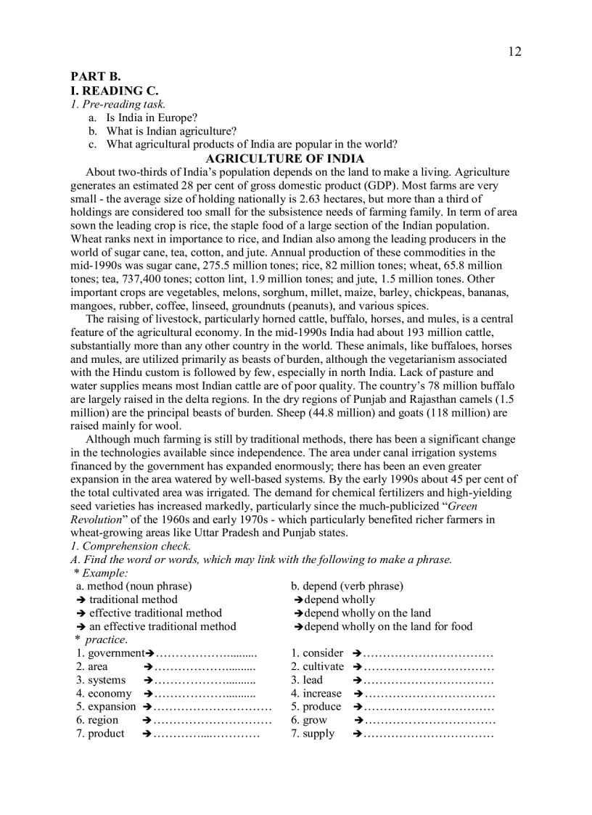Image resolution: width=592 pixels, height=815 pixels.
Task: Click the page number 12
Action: coord(514,52)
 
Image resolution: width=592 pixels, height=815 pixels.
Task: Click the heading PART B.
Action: coord(95,76)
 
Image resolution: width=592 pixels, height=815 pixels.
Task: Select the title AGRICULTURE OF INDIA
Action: coord(285,158)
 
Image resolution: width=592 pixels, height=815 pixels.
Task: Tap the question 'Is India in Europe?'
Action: coord(152,117)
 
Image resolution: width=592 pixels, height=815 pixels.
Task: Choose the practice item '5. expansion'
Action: coord(106,706)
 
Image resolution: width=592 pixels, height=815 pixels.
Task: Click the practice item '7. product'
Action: coord(100,734)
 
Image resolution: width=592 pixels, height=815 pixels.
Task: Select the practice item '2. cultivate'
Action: coord(317,666)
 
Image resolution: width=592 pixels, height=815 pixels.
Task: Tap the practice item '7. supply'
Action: coord(313,734)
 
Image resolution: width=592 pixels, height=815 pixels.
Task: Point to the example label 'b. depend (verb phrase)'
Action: coord(347,586)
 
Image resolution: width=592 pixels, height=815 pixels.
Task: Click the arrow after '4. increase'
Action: coord(358,693)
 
